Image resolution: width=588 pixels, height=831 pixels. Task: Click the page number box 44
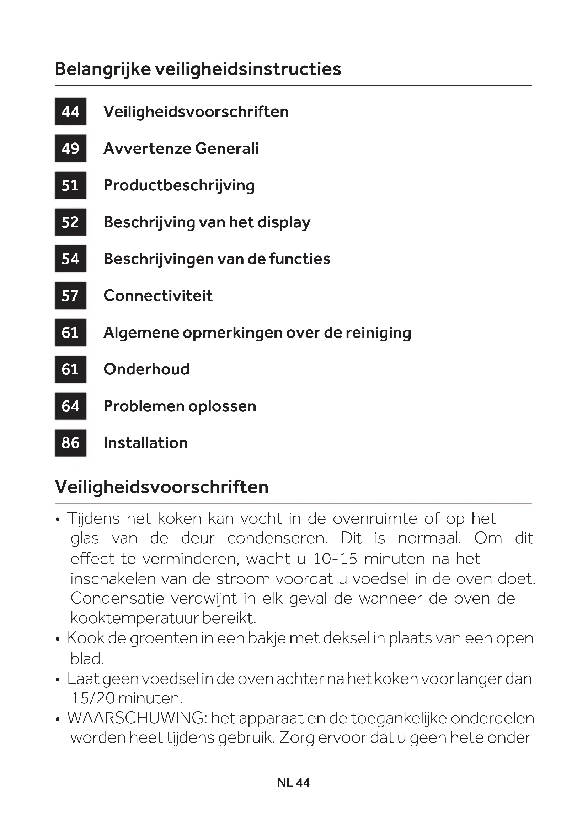pos(71,112)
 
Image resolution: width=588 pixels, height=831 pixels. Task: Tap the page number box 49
pos(71,149)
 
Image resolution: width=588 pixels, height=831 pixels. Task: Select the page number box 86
pos(71,443)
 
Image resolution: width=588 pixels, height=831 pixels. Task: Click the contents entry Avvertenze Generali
pos(181,149)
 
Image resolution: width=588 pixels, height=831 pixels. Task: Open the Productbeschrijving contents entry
pos(179,185)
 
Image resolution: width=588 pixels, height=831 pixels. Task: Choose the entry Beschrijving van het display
pos(207,222)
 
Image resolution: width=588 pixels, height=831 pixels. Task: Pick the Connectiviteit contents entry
pos(158,296)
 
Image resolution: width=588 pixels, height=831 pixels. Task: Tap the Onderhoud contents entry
pos(146,369)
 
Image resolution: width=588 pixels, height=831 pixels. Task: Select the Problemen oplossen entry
pos(180,406)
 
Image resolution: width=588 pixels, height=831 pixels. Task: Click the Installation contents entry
pos(145,443)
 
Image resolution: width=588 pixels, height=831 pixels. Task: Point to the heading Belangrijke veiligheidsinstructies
pos(198,69)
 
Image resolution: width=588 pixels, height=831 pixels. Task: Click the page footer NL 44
pos(293,782)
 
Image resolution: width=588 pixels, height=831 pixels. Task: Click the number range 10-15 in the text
pos(335,559)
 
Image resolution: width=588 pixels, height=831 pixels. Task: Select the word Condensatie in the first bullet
pos(118,598)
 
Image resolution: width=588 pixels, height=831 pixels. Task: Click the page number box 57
pos(71,296)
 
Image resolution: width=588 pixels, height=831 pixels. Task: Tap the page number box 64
pos(71,406)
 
